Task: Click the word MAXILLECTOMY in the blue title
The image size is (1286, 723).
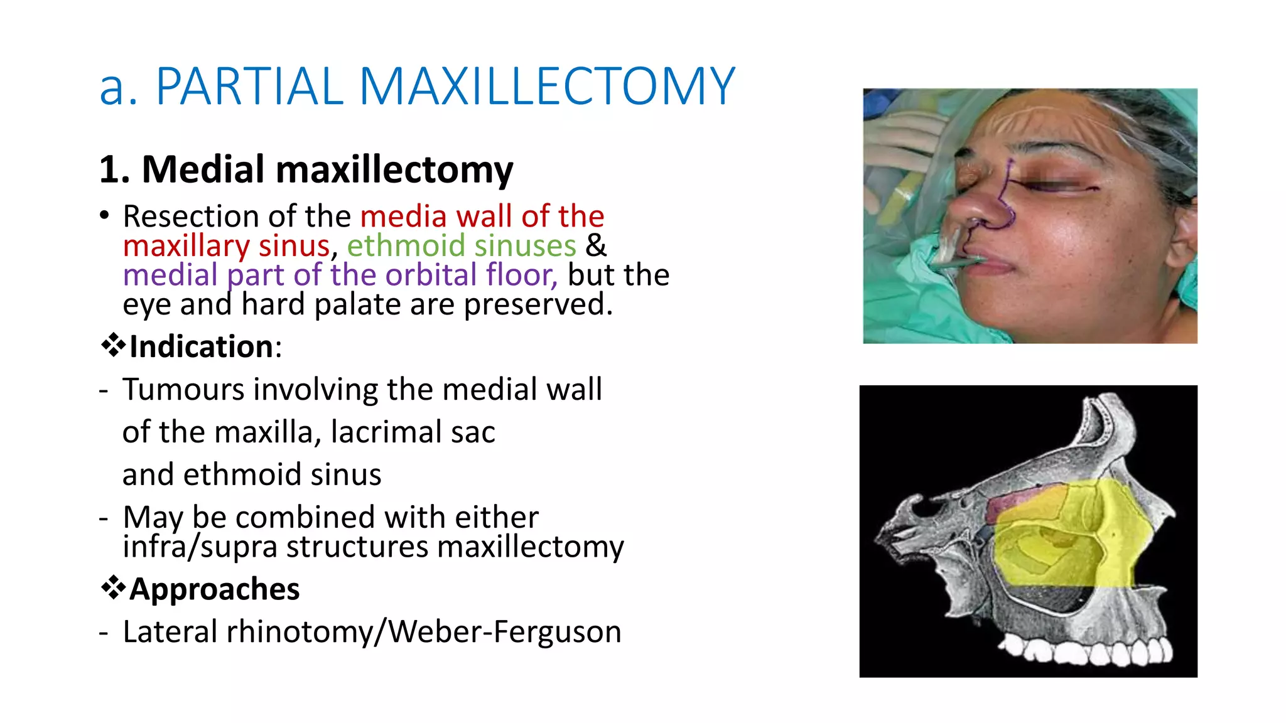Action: pyautogui.click(x=546, y=87)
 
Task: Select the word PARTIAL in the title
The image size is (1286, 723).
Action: pyautogui.click(x=249, y=87)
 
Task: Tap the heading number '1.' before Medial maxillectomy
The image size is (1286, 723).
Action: pyautogui.click(x=115, y=170)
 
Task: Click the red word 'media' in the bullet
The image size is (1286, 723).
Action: pyautogui.click(x=403, y=217)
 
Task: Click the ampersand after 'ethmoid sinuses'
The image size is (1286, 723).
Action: pyautogui.click(x=596, y=245)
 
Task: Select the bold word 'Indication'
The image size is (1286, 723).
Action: pyautogui.click(x=201, y=347)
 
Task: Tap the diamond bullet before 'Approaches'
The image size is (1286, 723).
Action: pyautogui.click(x=113, y=589)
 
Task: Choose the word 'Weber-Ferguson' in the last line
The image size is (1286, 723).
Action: pyautogui.click(x=505, y=632)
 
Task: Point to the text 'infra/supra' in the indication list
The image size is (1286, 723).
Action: pyautogui.click(x=200, y=547)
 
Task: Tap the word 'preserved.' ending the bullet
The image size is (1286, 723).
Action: pyautogui.click(x=538, y=304)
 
